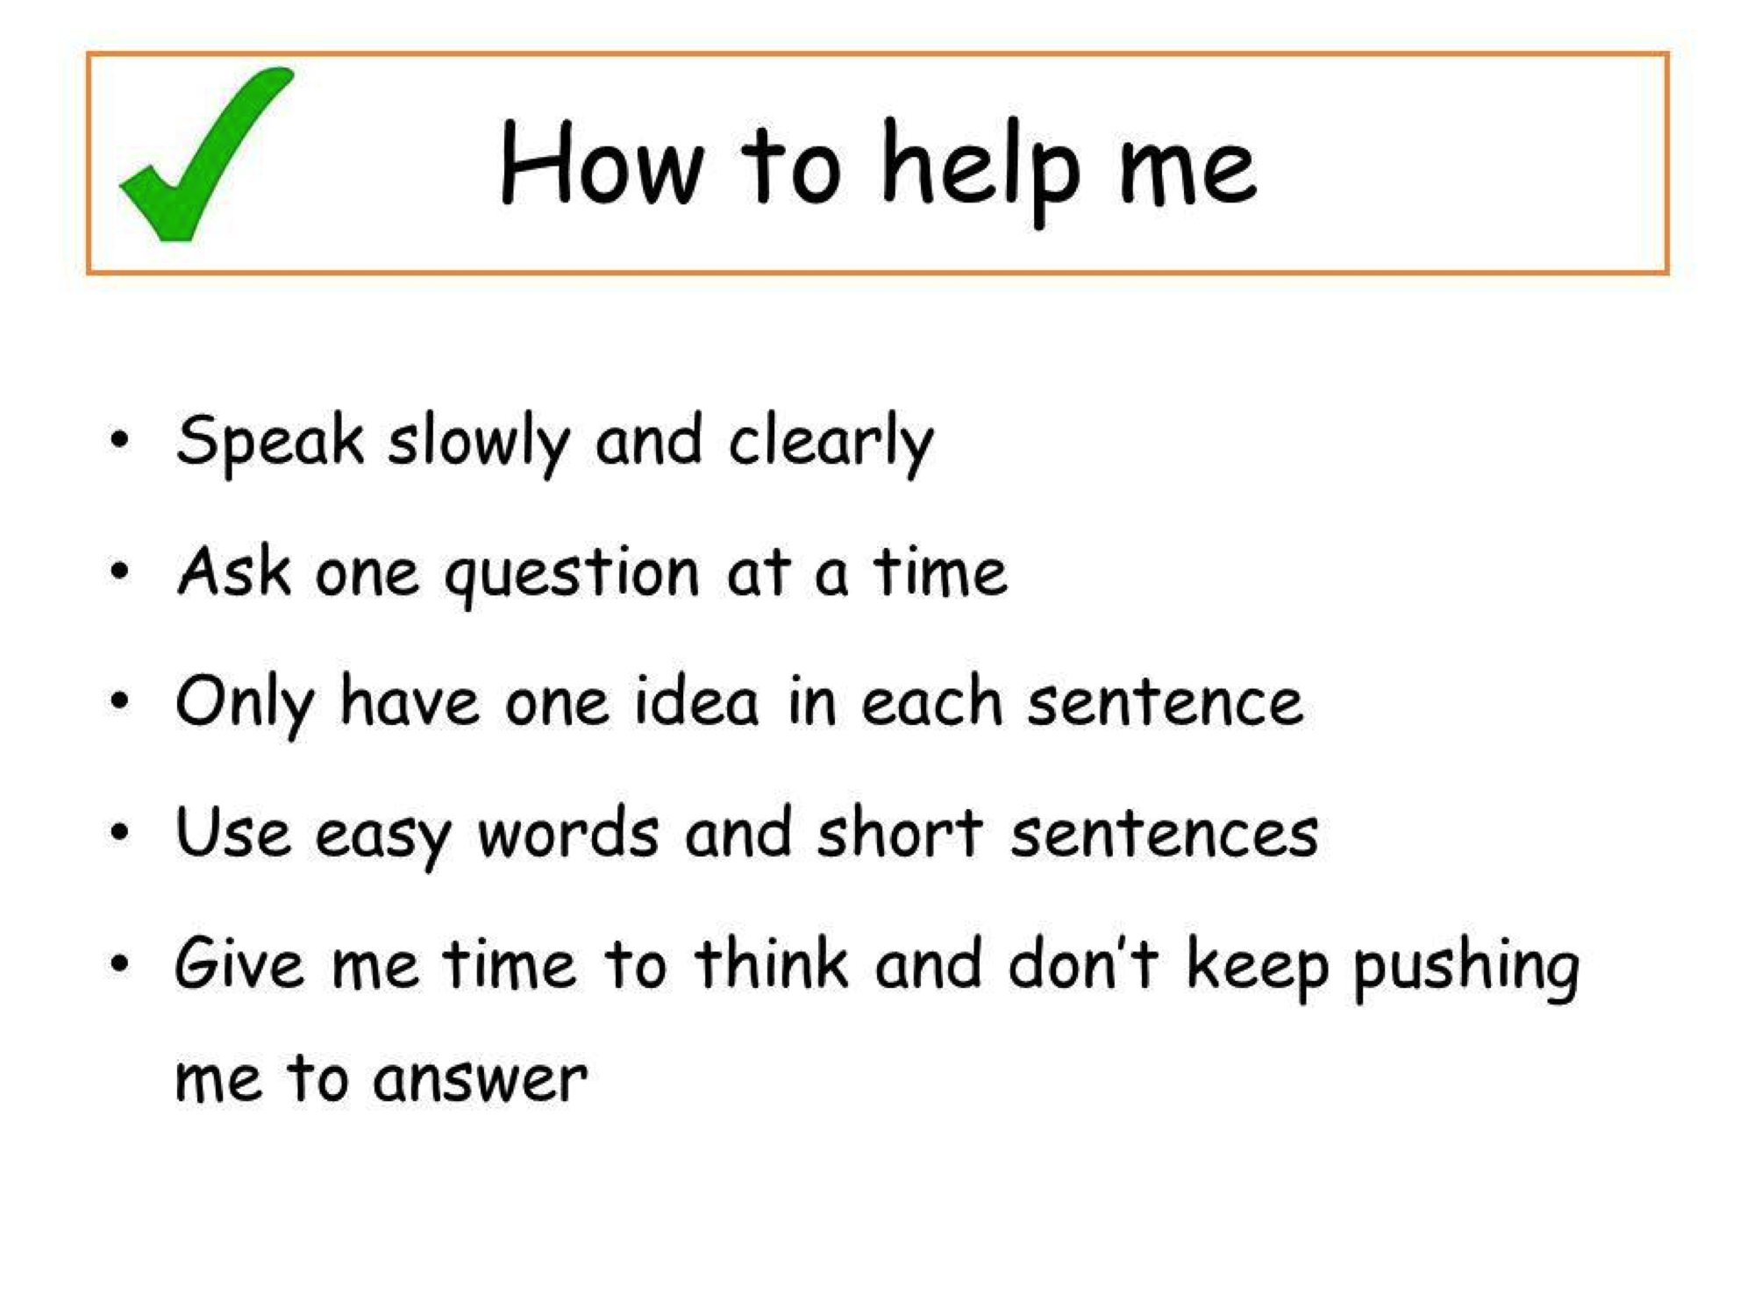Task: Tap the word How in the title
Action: (602, 164)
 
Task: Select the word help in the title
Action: (980, 171)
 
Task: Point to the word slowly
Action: (479, 443)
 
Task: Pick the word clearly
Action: (831, 443)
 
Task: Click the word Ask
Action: (233, 572)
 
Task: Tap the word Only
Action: (244, 705)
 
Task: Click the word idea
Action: (695, 701)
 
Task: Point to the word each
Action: (930, 701)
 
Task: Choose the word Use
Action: (232, 831)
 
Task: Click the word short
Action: (899, 831)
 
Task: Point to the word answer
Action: (480, 1079)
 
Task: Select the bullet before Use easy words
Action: (120, 831)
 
